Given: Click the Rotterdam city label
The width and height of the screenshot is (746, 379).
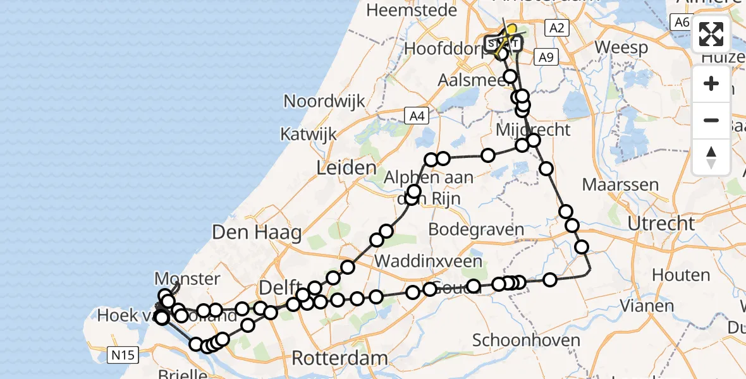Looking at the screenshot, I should click(339, 358).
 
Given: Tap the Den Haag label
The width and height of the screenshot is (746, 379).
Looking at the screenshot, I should click(257, 232).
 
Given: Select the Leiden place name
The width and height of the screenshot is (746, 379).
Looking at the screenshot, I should click(346, 167).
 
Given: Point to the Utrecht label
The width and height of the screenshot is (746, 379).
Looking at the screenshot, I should click(661, 223).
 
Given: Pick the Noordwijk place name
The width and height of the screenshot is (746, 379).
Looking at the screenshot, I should click(324, 101).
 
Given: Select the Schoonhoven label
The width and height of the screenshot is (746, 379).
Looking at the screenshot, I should click(526, 340).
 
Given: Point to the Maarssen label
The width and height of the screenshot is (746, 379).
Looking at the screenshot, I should click(620, 185).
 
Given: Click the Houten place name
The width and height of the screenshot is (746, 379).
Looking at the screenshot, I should click(681, 275).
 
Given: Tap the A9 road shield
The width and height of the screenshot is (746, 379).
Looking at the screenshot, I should click(546, 57).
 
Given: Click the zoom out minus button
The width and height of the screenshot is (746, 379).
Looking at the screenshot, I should click(711, 120).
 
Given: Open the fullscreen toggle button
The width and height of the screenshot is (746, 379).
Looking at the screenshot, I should click(711, 34).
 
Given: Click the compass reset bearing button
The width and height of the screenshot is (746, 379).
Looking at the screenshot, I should click(711, 157).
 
